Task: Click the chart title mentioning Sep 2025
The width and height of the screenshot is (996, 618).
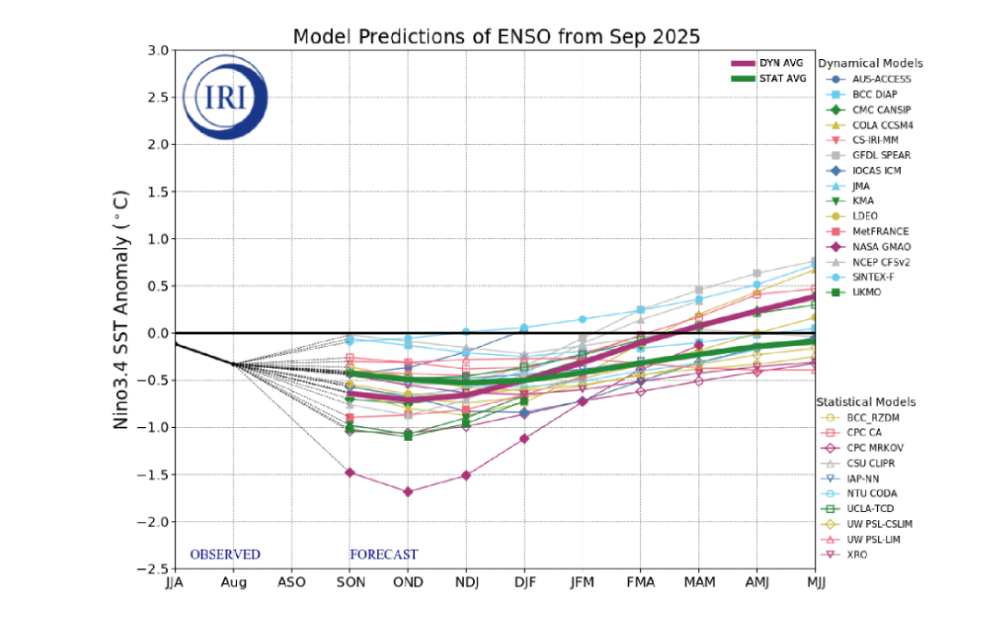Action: coord(496,37)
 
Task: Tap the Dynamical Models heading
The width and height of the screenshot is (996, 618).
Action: coord(871,64)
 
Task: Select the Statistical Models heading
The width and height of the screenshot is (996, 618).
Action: coord(866,402)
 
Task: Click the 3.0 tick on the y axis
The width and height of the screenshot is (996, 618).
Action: coord(158,50)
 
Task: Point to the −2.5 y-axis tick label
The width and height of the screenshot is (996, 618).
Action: coord(153,568)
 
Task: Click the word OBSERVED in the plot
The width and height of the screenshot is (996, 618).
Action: coord(225,554)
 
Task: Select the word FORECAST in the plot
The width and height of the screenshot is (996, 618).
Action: coord(384,554)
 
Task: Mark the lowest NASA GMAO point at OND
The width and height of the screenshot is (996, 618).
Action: coord(408,492)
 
